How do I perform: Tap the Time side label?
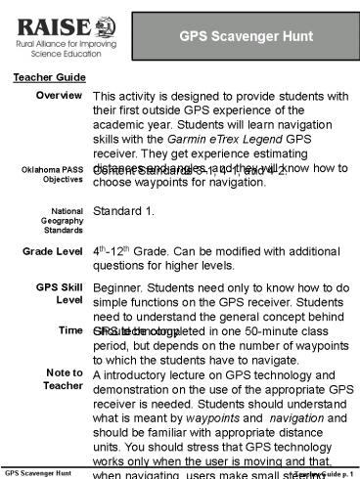tap(69, 330)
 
